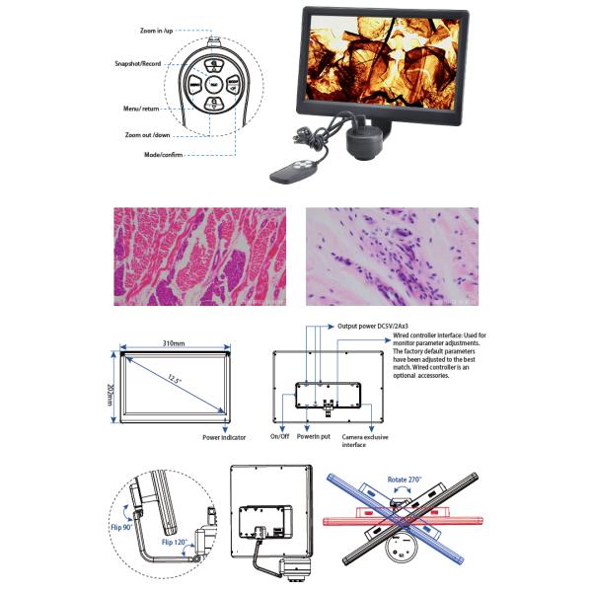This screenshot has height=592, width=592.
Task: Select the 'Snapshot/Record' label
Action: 139,63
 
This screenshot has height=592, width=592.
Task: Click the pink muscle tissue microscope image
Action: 199,256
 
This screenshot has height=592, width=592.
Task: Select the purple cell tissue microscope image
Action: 392,256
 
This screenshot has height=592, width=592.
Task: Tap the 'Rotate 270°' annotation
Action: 407,479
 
